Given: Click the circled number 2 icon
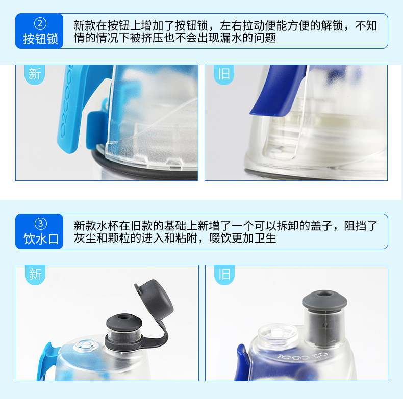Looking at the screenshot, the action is [x=40, y=24].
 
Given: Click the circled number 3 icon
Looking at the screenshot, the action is [x=41, y=224].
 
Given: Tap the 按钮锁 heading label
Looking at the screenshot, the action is [x=41, y=39].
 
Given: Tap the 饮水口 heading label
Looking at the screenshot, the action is [x=41, y=239].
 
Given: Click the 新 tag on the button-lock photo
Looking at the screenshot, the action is [x=35, y=74].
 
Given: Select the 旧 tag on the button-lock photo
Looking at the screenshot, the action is [x=224, y=74].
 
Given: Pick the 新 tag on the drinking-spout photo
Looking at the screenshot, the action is [x=35, y=274].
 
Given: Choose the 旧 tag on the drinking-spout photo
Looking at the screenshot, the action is [x=224, y=274].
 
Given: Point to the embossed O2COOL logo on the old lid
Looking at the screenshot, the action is [x=303, y=357].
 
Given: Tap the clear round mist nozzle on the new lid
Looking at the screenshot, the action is [x=86, y=345].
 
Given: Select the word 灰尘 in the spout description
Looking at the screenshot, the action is [x=85, y=238].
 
